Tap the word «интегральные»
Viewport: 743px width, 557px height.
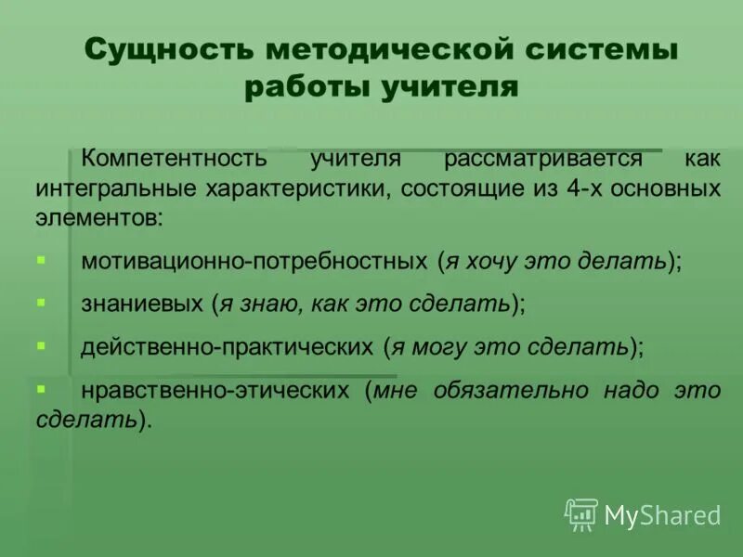(x=111, y=189)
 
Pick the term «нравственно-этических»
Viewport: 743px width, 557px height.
(x=218, y=390)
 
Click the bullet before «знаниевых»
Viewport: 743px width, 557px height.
(x=41, y=303)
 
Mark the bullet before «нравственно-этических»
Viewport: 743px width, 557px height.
(x=41, y=385)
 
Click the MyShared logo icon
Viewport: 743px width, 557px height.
(x=581, y=513)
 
